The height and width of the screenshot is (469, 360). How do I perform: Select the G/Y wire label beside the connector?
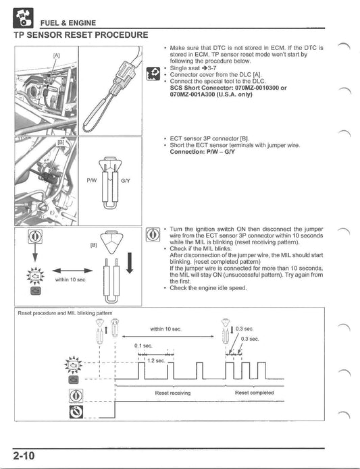[x=125, y=181]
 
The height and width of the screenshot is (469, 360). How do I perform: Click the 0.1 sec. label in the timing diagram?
[x=143, y=343]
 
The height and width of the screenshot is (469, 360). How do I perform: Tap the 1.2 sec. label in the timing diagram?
[x=156, y=360]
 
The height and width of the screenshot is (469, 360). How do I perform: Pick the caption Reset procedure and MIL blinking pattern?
[x=60, y=314]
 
